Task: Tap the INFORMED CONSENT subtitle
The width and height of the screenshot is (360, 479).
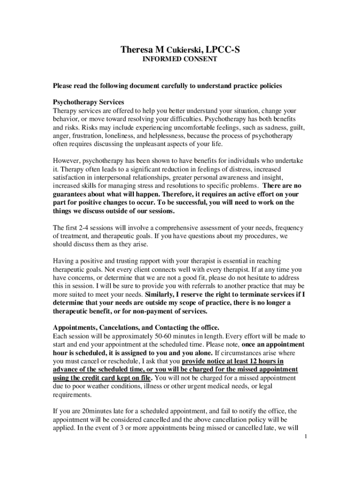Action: pyautogui.click(x=180, y=59)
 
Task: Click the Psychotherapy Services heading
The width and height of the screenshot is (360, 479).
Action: pyautogui.click(x=88, y=102)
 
